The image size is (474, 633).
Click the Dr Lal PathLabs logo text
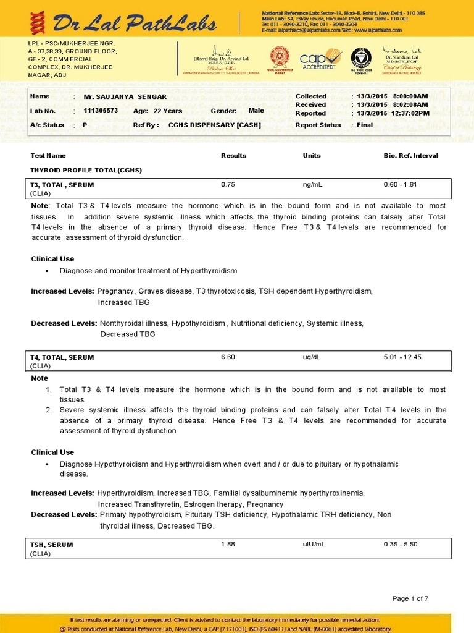point(134,23)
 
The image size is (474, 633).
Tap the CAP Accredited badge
point(320,59)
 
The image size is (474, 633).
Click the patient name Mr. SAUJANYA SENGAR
point(125,97)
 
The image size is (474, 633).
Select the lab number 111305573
point(101,111)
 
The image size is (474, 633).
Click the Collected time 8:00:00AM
point(410,96)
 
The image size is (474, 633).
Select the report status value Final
point(365,125)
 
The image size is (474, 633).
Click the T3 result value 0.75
point(228,184)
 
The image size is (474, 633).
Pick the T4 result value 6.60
point(228,357)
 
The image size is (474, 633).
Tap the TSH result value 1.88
point(228,544)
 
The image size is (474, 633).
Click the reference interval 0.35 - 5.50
point(401,544)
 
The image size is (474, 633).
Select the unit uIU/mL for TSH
point(314,544)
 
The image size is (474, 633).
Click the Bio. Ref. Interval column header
point(410,156)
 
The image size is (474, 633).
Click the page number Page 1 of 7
point(410,598)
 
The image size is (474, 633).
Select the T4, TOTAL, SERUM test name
point(62,357)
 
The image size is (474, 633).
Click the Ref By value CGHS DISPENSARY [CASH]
point(214,125)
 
